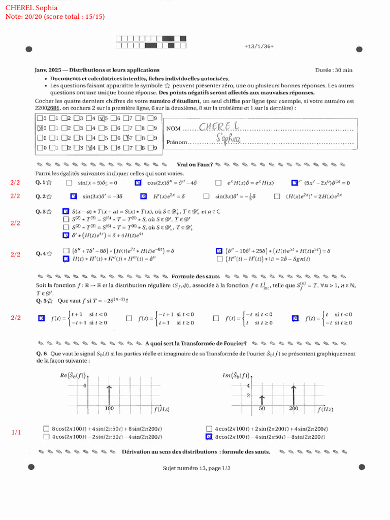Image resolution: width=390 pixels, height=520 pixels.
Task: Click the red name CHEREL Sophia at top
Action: (31, 8)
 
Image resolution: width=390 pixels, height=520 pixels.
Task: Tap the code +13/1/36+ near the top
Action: (258, 46)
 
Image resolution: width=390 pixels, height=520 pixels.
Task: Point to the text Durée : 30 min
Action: (334, 70)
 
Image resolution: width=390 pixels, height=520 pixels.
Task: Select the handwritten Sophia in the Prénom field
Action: (227, 139)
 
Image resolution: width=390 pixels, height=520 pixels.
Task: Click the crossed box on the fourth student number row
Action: (90, 148)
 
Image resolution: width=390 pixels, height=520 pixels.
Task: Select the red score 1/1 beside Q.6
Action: (16, 432)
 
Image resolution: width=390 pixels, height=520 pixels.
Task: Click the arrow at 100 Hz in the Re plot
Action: (109, 395)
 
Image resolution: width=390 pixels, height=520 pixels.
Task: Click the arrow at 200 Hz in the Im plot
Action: (294, 395)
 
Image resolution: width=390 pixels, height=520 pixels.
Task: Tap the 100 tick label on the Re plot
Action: (109, 408)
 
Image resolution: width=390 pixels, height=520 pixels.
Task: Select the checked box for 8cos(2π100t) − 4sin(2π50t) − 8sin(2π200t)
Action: (209, 436)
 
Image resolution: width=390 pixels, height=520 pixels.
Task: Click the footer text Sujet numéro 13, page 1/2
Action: (197, 468)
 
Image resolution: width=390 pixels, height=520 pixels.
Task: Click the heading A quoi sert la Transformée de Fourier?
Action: (196, 343)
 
